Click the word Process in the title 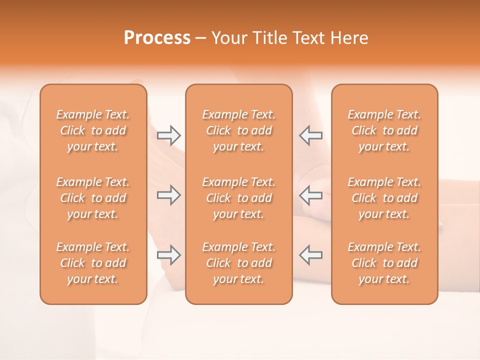(157, 38)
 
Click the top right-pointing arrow (168, 135)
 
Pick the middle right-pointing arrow (168, 195)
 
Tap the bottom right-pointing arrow (168, 255)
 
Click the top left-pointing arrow (310, 135)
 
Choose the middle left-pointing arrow (310, 195)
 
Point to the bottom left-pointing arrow (310, 255)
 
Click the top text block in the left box (93, 130)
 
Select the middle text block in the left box (93, 198)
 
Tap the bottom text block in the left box (93, 263)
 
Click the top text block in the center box (238, 130)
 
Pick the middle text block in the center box (238, 198)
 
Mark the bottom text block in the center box (238, 263)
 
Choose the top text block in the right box (384, 130)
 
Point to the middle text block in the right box (384, 198)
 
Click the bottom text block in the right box (384, 263)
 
